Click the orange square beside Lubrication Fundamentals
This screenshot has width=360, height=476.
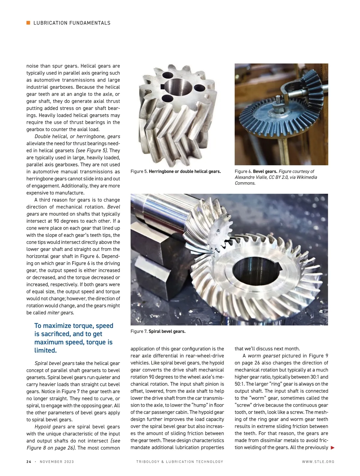coord(28,23)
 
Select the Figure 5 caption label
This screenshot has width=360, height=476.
coord(139,171)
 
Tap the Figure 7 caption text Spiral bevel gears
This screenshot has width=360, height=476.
coord(167,331)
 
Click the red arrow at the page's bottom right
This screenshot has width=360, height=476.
coord(332,448)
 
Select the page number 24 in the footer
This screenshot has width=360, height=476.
coord(29,462)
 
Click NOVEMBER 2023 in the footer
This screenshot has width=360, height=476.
coord(57,462)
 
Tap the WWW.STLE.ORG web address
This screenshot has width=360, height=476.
coord(318,462)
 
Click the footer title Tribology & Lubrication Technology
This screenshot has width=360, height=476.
coord(180,462)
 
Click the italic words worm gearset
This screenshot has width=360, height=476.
coord(264,356)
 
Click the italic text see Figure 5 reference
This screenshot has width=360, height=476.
coord(92,150)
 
